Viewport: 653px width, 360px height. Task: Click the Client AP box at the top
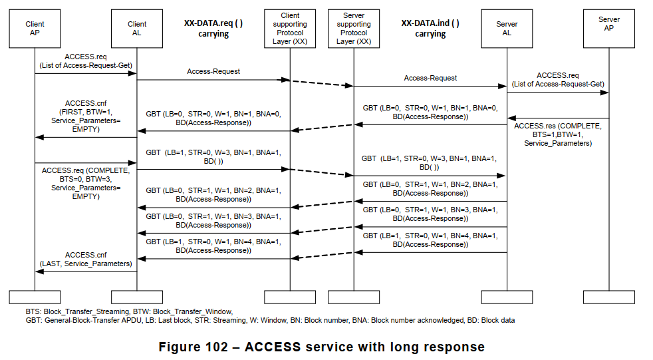point(35,29)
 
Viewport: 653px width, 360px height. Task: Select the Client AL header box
point(137,29)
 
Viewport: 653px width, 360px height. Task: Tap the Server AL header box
point(507,29)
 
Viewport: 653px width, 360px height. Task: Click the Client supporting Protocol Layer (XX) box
point(289,29)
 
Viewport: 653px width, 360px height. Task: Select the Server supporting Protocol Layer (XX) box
point(354,29)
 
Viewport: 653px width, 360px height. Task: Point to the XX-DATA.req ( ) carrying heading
point(213,28)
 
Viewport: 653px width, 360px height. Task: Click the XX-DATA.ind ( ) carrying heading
point(430,28)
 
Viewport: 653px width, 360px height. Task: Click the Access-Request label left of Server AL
point(430,78)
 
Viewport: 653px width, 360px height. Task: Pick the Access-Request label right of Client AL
point(213,71)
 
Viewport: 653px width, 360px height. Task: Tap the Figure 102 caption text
point(321,347)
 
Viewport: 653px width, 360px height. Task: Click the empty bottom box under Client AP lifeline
point(35,297)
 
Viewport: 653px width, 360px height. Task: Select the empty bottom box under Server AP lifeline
point(608,297)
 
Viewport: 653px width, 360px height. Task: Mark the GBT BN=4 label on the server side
point(430,240)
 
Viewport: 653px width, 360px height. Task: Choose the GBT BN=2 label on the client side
point(213,194)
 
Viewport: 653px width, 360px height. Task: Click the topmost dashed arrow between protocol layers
point(321,83)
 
